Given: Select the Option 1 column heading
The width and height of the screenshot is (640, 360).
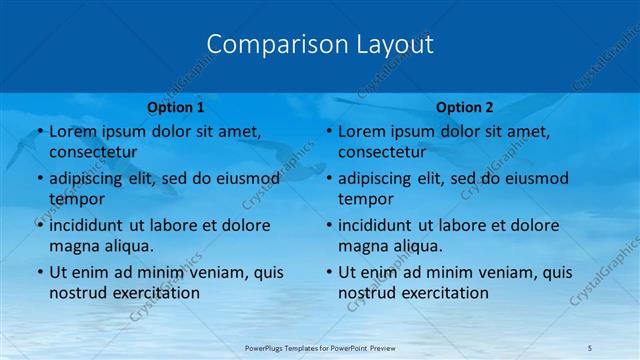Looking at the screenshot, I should coord(175,107).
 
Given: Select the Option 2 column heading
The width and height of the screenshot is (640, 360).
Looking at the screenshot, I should coord(465,107).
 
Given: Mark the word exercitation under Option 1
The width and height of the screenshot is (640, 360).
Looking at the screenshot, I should coord(155,293).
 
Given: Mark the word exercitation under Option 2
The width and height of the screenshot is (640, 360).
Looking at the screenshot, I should coord(444,293).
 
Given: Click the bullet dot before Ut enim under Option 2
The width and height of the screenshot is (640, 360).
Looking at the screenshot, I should coord(327,272).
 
